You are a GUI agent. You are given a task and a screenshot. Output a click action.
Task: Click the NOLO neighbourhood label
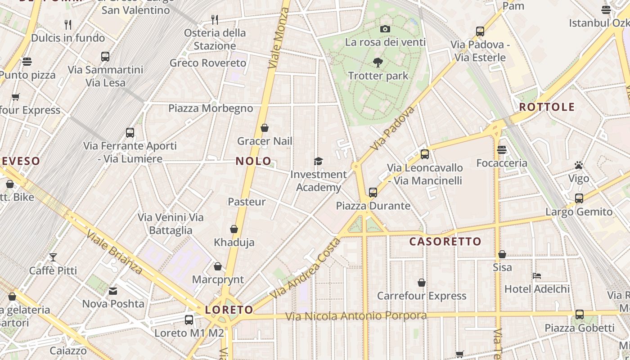(253, 161)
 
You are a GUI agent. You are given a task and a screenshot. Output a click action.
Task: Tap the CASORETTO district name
(445, 242)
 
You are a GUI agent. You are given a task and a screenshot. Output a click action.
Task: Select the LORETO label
(229, 310)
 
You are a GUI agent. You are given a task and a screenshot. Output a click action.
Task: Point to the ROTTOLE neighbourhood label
(547, 107)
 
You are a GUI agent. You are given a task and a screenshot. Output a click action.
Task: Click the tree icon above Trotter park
(378, 63)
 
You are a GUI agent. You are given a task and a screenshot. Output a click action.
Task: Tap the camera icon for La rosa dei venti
(385, 29)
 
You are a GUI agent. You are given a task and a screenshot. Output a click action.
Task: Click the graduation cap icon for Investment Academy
(319, 161)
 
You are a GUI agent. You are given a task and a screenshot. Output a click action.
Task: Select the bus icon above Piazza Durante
(373, 193)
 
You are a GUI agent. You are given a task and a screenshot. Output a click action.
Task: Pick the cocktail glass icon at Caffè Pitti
(53, 257)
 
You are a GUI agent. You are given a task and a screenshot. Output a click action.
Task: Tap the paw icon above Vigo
(579, 165)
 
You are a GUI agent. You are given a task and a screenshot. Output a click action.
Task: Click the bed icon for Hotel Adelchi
(536, 276)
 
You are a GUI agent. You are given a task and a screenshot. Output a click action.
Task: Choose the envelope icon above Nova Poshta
(113, 291)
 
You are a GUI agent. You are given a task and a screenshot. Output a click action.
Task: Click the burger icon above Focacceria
(502, 150)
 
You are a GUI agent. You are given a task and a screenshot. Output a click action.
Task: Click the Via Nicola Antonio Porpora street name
(356, 316)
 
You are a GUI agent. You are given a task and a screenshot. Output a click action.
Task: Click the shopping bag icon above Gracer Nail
(265, 128)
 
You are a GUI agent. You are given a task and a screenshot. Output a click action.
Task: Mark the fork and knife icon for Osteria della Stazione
(215, 19)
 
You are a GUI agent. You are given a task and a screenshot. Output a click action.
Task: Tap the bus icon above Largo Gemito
(579, 198)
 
